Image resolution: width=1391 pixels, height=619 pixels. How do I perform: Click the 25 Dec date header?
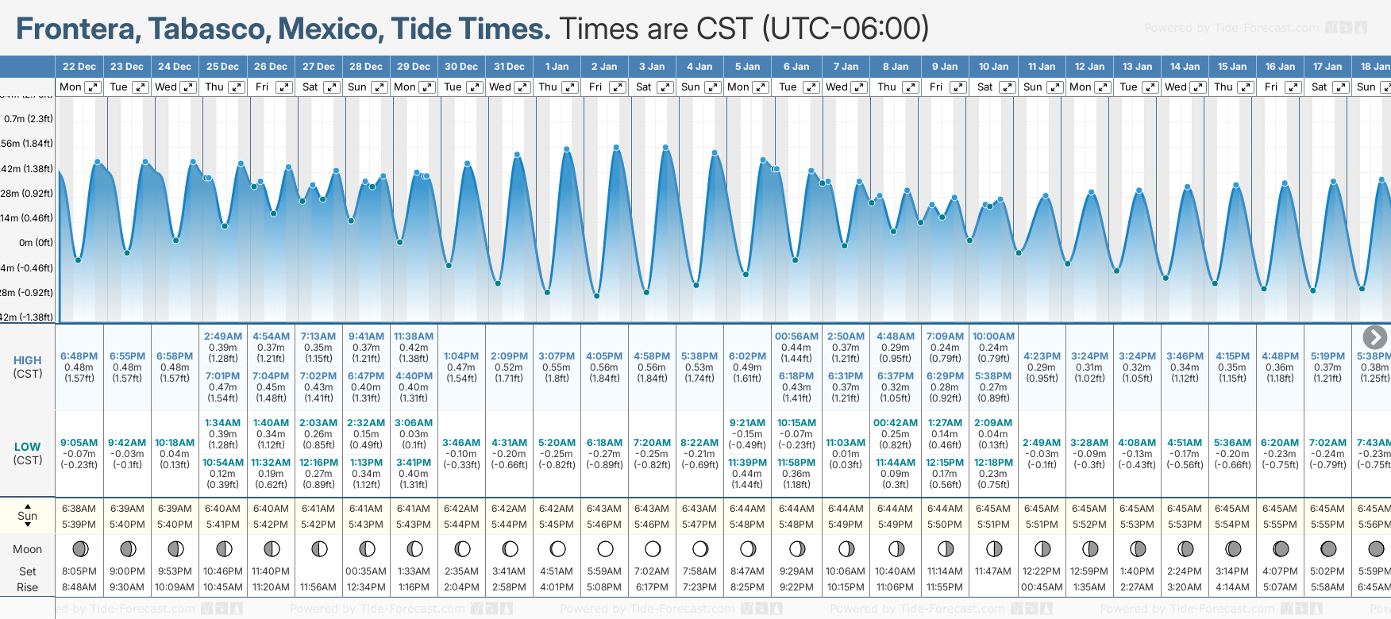222,67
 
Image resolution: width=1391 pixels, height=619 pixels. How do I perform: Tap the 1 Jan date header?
557,67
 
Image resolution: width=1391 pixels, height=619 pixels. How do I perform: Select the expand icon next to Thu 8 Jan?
911,87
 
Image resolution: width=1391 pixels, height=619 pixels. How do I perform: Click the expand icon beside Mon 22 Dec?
93,87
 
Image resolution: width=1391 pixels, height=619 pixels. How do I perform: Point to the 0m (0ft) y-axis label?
36,243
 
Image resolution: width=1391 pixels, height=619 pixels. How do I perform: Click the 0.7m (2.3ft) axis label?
29,119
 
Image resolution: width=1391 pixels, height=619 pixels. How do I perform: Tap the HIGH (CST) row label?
28,367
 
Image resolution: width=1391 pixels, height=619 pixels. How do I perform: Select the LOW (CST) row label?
28,453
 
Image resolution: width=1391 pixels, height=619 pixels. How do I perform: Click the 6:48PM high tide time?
79,356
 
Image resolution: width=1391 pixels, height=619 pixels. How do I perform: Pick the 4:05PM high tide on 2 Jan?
604,356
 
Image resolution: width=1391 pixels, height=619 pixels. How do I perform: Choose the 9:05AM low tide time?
79,443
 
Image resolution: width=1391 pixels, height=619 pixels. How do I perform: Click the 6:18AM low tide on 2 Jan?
604,443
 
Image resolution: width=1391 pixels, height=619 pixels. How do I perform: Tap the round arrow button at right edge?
1374,337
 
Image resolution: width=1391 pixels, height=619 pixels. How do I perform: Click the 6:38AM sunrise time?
79,509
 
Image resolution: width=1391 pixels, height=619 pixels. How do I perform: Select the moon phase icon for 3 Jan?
653,549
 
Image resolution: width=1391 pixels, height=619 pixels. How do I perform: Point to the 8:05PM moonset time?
79,571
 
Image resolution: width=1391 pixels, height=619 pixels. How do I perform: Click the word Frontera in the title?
75,29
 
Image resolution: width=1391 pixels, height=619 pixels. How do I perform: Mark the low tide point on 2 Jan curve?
597,296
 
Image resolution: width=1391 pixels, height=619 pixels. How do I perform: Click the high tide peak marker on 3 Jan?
665,148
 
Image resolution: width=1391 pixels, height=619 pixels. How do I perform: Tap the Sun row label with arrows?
28,515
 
